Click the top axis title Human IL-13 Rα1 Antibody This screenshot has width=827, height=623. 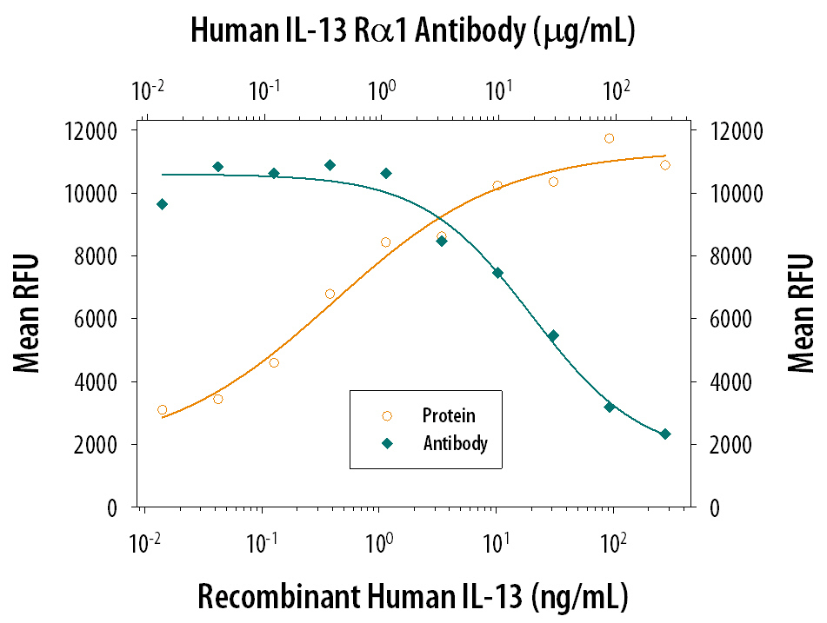click(x=412, y=32)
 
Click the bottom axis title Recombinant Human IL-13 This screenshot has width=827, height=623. click(x=412, y=597)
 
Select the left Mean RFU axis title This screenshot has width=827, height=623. click(x=27, y=319)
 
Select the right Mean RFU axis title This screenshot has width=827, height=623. click(x=801, y=319)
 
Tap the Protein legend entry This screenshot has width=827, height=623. click(x=449, y=416)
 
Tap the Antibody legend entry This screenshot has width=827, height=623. click(x=455, y=444)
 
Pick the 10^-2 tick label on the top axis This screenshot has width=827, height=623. click(x=149, y=89)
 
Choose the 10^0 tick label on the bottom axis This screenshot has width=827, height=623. click(x=378, y=544)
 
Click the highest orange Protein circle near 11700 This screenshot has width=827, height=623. click(x=609, y=138)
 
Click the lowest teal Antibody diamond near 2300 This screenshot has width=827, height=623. click(x=665, y=434)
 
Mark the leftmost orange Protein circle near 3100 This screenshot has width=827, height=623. click(x=162, y=409)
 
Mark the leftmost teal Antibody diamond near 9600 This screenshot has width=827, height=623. click(x=162, y=204)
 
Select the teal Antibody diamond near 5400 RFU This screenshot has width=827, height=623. click(x=553, y=335)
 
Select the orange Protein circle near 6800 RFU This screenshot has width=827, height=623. click(x=330, y=294)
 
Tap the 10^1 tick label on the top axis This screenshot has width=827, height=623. click(x=499, y=89)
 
